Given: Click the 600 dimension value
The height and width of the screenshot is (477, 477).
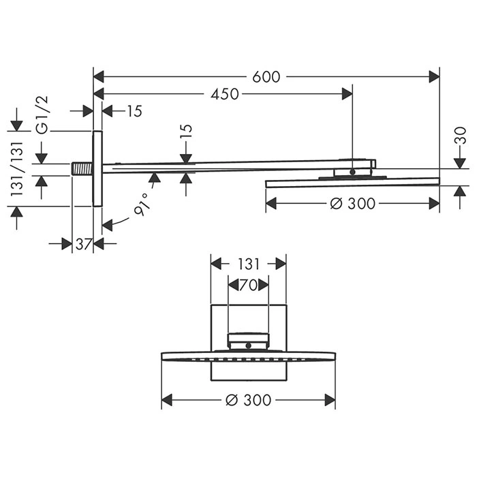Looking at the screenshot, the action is [x=266, y=77].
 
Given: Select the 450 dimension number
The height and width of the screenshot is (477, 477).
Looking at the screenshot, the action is [x=225, y=95].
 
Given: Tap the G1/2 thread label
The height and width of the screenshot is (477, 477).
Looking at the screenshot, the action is [x=42, y=114].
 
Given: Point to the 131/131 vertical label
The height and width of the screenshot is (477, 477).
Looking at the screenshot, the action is [x=17, y=168].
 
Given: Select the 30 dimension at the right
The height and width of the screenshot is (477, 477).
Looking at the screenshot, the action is [x=460, y=136].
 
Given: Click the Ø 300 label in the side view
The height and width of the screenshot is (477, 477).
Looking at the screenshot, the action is [x=352, y=204].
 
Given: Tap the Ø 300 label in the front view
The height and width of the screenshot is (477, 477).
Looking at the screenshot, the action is [x=248, y=401].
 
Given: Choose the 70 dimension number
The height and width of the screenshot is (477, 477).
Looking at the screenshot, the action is [x=248, y=286].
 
